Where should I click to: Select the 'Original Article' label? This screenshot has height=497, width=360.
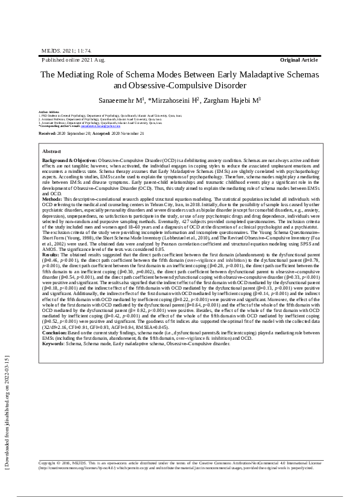298,61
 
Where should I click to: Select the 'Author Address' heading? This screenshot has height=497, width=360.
50,112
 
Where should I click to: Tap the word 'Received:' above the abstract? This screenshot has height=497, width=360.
48,133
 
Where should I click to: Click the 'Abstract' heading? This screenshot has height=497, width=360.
53,151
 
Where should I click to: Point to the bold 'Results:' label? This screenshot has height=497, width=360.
51,256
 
